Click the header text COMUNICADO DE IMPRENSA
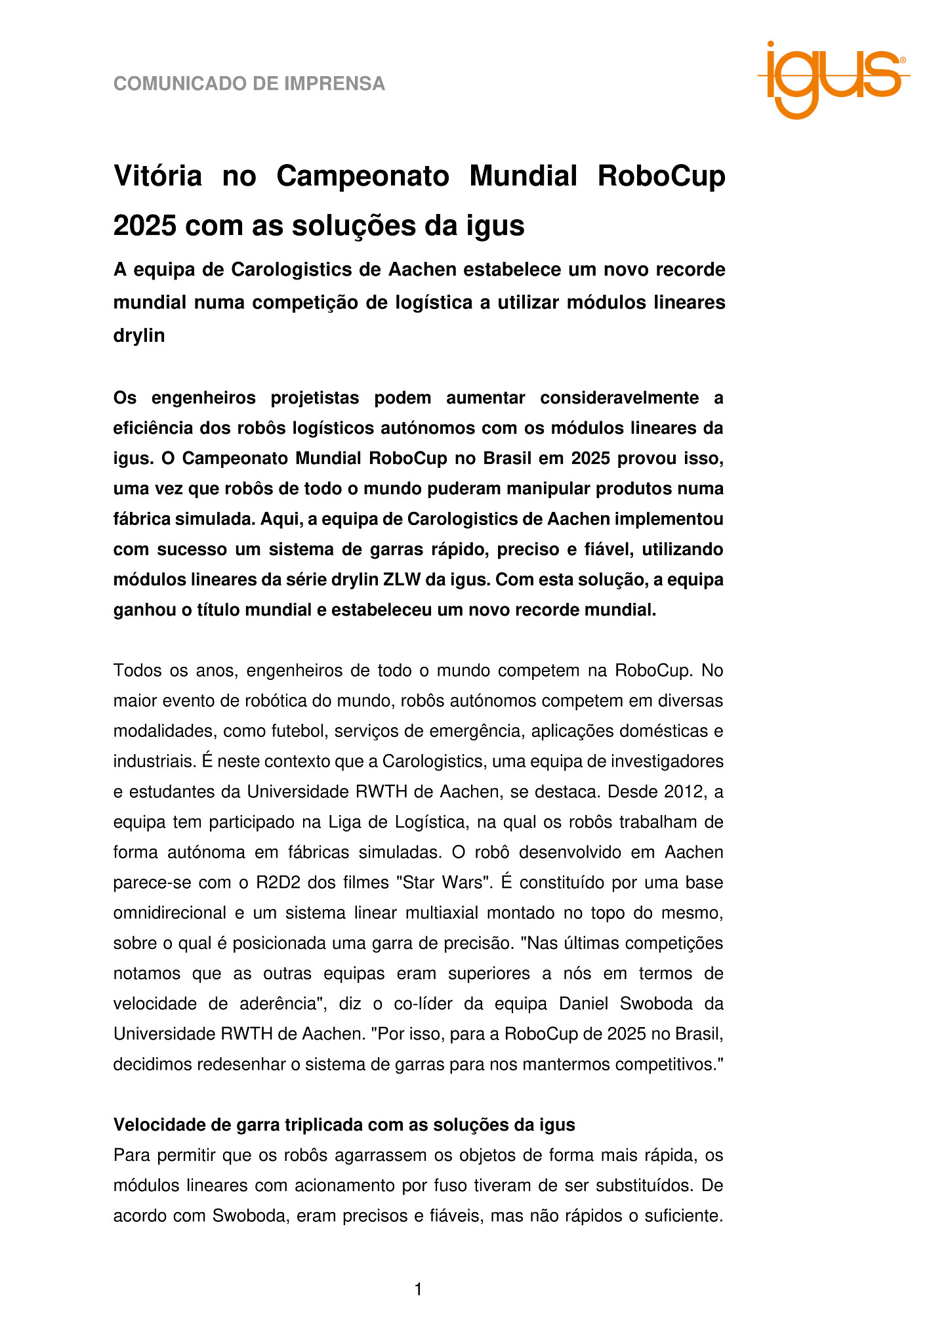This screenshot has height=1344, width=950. [249, 84]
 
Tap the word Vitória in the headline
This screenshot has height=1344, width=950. [157, 176]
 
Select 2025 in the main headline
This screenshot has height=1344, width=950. [144, 226]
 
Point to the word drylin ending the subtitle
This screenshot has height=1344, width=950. [139, 335]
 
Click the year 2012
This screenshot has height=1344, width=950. [684, 791]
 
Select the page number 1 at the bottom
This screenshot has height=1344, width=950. [418, 1290]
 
